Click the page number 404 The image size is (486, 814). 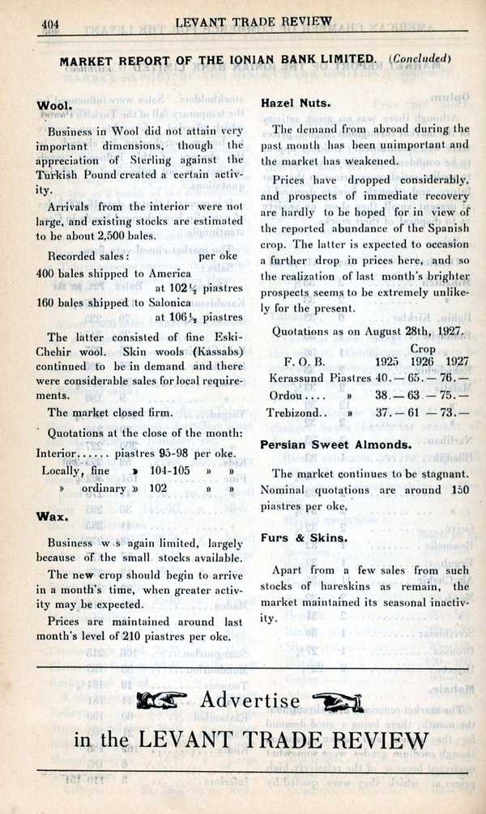pyautogui.click(x=52, y=23)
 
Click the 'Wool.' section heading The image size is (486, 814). pyautogui.click(x=54, y=106)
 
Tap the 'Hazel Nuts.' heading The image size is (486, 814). pyautogui.click(x=289, y=103)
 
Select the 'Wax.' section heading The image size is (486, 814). pyautogui.click(x=51, y=515)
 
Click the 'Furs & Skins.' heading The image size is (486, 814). pyautogui.click(x=304, y=537)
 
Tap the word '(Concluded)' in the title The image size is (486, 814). pyautogui.click(x=419, y=58)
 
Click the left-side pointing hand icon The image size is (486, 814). pyautogui.click(x=162, y=701)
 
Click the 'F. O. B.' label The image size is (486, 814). pyautogui.click(x=305, y=361)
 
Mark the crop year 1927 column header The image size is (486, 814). pyautogui.click(x=457, y=361)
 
